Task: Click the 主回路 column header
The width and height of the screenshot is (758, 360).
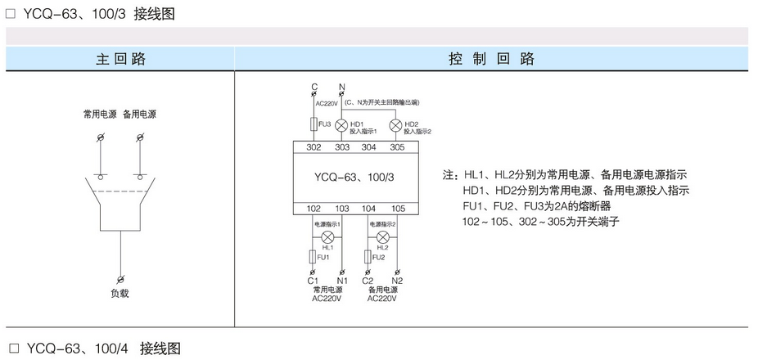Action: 120,59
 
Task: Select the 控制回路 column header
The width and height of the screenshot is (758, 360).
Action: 491,59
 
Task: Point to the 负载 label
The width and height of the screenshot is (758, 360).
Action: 120,293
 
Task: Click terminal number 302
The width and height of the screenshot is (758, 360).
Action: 314,147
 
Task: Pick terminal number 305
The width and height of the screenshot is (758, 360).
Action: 397,147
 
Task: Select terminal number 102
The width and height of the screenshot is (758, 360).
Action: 314,208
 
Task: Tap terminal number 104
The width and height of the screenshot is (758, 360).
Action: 369,208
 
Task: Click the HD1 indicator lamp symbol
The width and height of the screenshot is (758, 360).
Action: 342,125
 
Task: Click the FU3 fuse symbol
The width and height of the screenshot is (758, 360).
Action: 314,125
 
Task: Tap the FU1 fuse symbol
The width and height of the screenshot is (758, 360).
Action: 314,257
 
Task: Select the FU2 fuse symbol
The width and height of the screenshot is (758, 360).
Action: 369,257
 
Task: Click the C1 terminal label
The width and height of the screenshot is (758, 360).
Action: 312,281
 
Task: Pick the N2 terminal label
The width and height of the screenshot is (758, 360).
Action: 397,281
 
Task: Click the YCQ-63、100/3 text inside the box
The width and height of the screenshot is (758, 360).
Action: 354,177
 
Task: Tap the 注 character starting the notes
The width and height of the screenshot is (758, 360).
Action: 448,175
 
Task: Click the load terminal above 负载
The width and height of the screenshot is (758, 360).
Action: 121,279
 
